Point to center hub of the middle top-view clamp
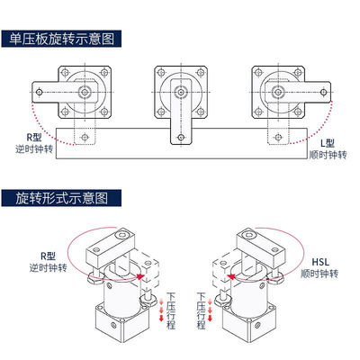[x=180, y=91]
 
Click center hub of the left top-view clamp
[x=85, y=91]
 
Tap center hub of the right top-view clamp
[x=274, y=91]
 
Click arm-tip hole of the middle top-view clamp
[x=180, y=139]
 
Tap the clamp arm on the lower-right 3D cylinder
[x=261, y=246]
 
